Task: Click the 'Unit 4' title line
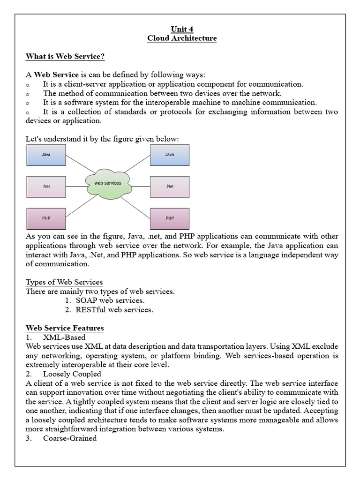(182, 29)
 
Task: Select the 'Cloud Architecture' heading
(182, 38)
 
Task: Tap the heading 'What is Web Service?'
(65, 57)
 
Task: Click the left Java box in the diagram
(46, 155)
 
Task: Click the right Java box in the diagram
(170, 155)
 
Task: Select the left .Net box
(46, 187)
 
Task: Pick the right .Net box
(170, 187)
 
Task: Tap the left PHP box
(46, 218)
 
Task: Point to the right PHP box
(170, 218)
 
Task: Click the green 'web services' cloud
(108, 183)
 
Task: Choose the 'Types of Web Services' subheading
(64, 282)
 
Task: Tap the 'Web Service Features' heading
(65, 328)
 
